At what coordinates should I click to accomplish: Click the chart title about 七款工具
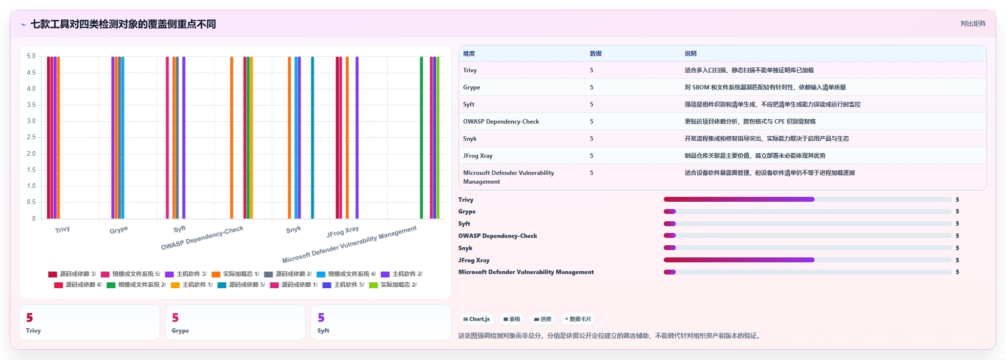(x=123, y=24)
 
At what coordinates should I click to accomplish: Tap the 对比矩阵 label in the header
(x=973, y=23)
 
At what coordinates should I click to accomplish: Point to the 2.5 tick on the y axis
(x=31, y=137)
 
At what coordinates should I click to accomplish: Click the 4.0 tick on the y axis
(x=31, y=89)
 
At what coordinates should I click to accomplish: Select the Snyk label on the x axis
(x=293, y=230)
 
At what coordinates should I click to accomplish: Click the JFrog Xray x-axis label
(x=343, y=232)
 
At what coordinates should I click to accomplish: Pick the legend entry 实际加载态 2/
(x=393, y=285)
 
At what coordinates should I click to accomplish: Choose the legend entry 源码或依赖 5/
(x=241, y=285)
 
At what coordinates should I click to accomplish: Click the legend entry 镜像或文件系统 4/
(x=346, y=274)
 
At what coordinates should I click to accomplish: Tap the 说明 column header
(x=691, y=54)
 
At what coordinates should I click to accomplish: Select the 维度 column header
(x=469, y=54)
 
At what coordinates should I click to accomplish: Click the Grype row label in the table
(x=471, y=87)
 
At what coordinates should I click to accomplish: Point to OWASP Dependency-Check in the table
(x=501, y=122)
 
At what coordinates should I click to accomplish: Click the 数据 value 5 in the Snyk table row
(x=591, y=139)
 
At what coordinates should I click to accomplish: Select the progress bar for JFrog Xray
(x=808, y=260)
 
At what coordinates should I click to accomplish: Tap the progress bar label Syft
(x=464, y=224)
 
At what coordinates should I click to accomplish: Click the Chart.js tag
(x=477, y=319)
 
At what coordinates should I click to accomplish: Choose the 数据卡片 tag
(x=578, y=319)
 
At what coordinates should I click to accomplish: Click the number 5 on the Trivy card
(x=30, y=318)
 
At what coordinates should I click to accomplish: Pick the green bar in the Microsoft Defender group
(x=421, y=138)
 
